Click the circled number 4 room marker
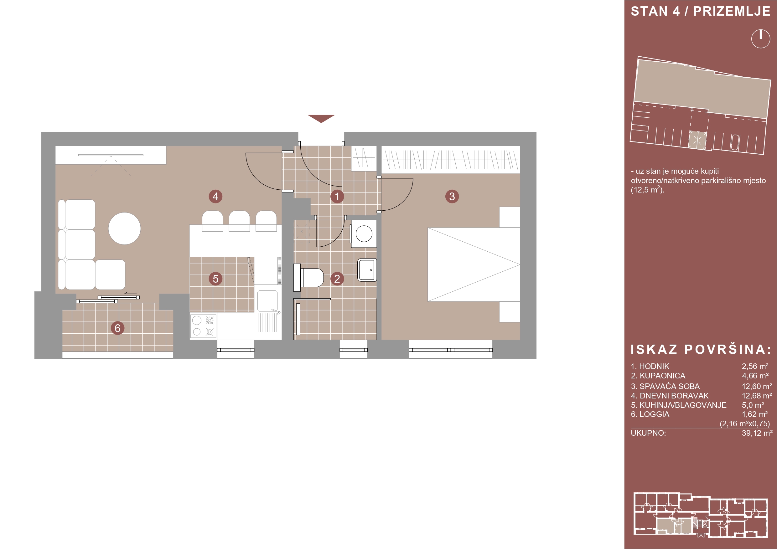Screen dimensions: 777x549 pos(215,197)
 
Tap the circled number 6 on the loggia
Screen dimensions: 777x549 pos(118,328)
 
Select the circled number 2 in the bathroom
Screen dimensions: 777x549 pos(337,279)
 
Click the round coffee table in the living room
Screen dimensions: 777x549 pos(125,228)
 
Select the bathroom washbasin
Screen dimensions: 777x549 pos(367,270)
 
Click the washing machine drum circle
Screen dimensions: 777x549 pos(364,234)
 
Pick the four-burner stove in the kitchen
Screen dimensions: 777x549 pos(203,326)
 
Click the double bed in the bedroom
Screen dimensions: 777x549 pos(474,264)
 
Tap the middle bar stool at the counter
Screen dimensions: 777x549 pos(239,221)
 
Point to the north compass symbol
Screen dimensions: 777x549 pos(761,39)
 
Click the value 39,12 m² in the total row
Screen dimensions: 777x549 pos(757,433)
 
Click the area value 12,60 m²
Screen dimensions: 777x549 pos(757,386)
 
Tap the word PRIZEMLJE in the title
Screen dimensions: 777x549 pos(732,12)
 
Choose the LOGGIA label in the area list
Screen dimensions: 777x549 pos(654,414)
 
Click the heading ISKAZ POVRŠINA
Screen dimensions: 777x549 pos(701,350)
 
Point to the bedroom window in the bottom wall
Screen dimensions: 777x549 pos(451,350)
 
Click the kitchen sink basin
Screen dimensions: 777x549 pos(267,301)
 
